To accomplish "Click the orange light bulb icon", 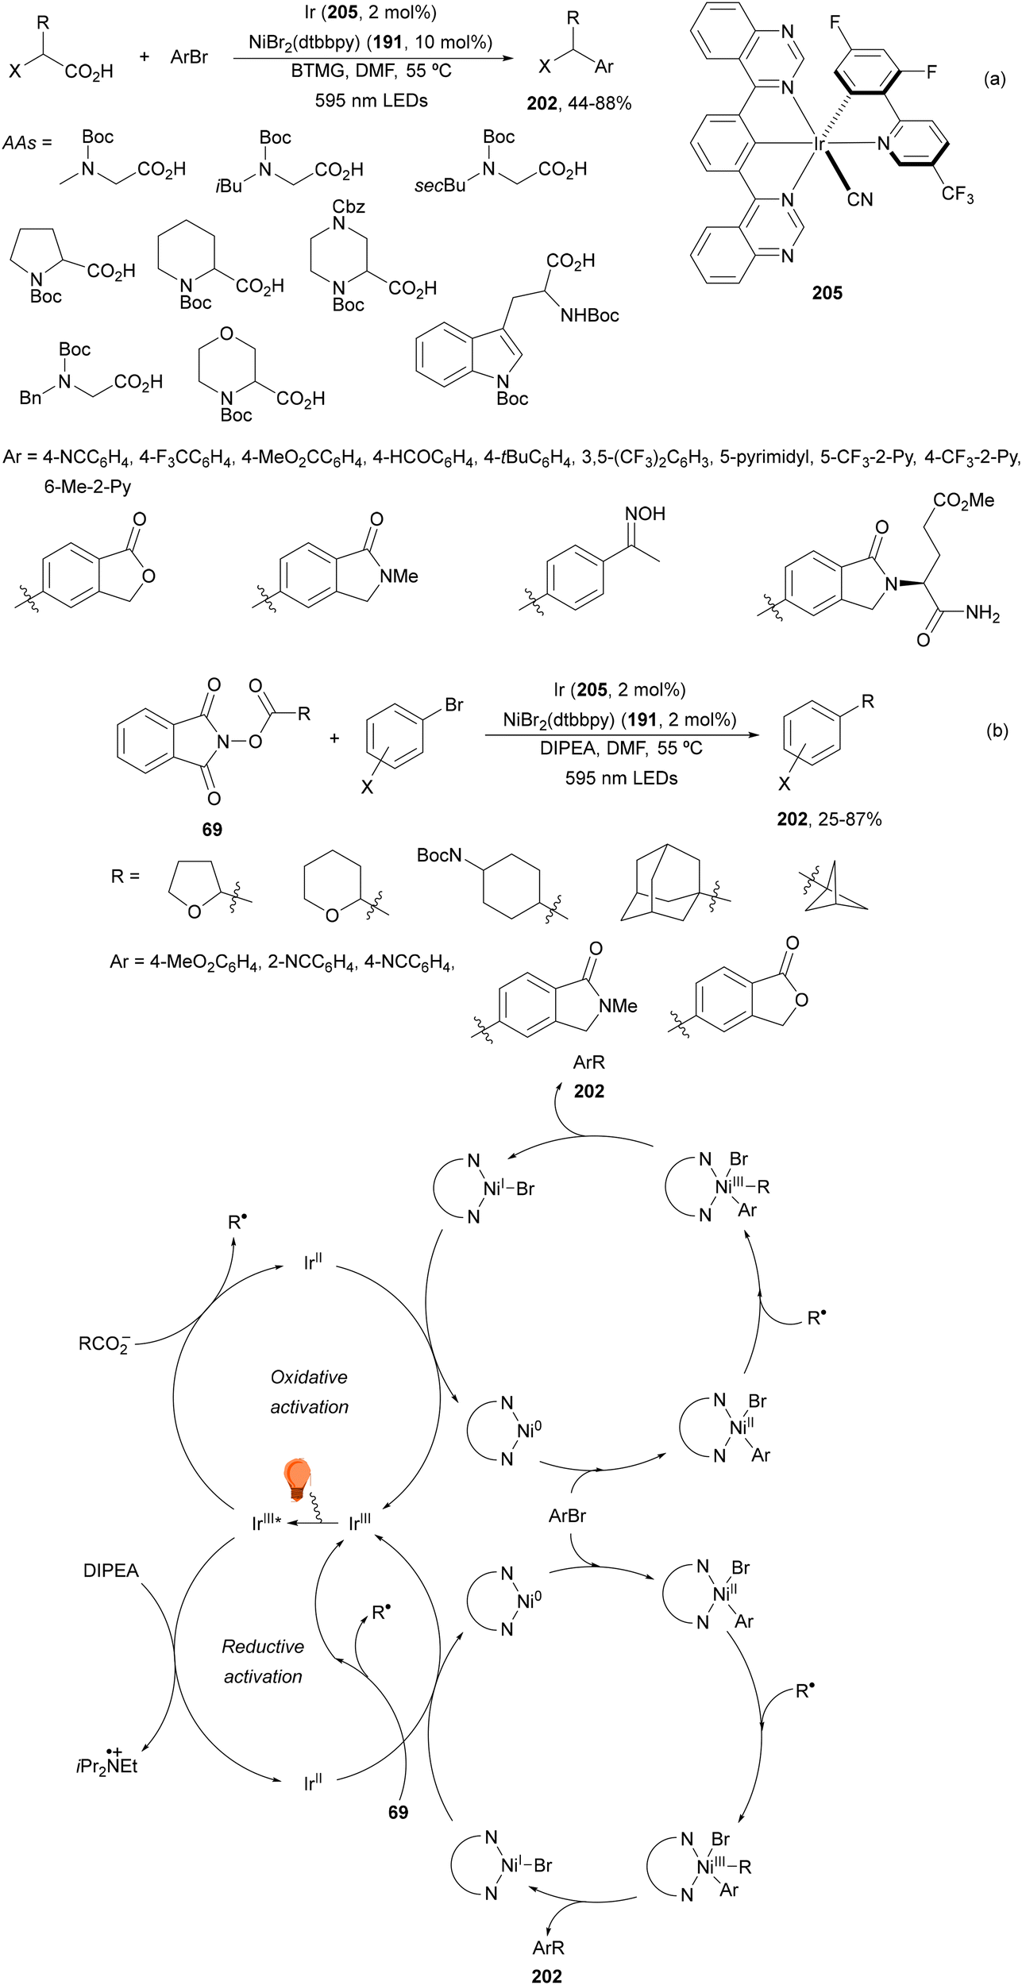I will click(297, 1479).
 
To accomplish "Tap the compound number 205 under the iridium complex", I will click(827, 293).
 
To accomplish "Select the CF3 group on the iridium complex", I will click(957, 195).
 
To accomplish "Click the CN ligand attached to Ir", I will click(860, 199).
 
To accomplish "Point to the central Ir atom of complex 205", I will click(819, 144).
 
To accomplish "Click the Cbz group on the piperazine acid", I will click(349, 206).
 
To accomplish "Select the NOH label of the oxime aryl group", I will click(646, 514).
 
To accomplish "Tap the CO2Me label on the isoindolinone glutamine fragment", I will click(963, 500).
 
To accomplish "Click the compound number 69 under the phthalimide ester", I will click(212, 829).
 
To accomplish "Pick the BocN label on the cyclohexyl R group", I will click(439, 855).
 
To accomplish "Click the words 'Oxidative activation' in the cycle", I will click(309, 1392).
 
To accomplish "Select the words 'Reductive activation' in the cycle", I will click(263, 1661).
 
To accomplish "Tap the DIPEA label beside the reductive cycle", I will click(111, 1571).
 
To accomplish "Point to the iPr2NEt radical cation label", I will click(107, 1766).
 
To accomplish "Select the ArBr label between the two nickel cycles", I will click(567, 1516).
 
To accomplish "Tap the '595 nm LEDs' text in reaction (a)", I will click(371, 101).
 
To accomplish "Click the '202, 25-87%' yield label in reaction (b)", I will click(829, 819).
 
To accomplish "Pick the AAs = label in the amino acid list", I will click(27, 143).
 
